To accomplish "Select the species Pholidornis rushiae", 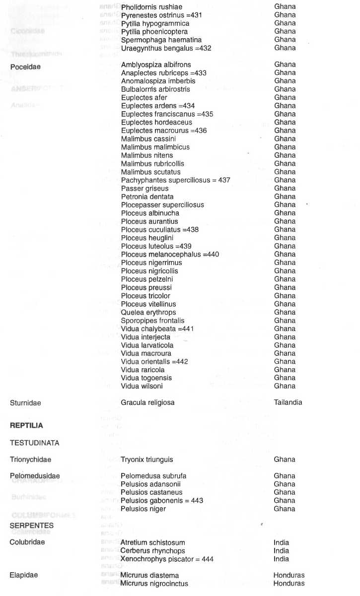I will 151,7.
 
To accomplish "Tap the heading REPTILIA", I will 26,426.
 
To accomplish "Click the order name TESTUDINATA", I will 34,443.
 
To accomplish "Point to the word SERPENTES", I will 32,526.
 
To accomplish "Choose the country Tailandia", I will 288,402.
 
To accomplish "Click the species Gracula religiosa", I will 147,402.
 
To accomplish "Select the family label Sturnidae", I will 25,403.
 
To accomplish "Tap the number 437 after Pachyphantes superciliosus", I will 224,180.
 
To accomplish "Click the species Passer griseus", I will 144,189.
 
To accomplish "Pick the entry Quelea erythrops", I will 148,312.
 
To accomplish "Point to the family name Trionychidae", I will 30,460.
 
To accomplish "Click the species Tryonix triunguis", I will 147,460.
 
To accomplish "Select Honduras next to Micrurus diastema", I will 288,575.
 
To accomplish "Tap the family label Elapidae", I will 24,576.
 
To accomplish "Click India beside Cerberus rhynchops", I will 281,551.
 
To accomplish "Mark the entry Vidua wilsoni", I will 142,386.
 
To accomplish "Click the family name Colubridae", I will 27,542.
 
